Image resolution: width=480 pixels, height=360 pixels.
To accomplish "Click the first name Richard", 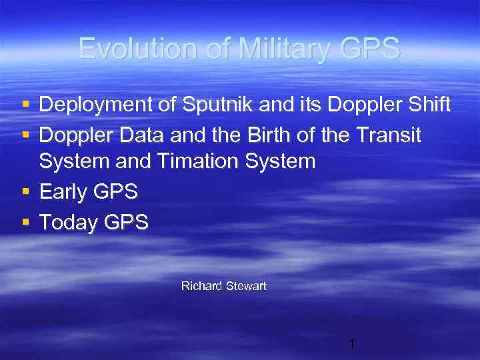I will (x=201, y=286).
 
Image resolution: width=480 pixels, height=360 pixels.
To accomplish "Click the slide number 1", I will (x=352, y=344).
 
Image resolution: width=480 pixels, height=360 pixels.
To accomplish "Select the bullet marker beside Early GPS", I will (x=25, y=192).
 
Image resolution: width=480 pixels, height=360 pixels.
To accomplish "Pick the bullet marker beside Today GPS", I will (x=25, y=221).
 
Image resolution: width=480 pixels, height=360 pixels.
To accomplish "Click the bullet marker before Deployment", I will (x=25, y=105).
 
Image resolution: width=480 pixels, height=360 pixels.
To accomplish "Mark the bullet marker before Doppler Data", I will (x=25, y=135).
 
